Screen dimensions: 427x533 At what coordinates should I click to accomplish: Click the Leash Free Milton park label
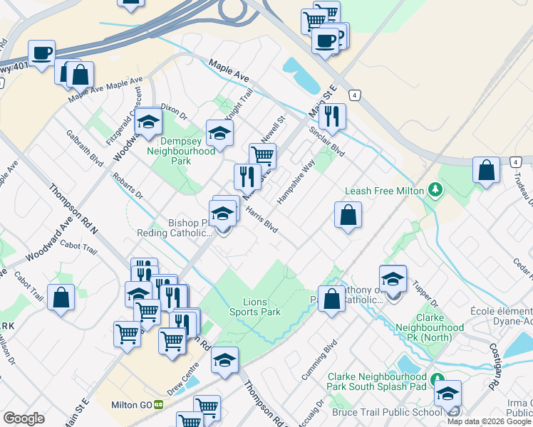point(385,191)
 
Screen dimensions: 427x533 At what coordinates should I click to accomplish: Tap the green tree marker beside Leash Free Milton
point(434,190)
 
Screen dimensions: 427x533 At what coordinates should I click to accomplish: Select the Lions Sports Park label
point(254,307)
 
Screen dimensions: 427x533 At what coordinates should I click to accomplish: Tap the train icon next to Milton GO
point(159,405)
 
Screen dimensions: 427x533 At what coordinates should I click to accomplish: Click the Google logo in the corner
point(24,418)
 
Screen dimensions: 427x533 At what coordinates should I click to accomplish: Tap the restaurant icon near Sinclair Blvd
point(332,115)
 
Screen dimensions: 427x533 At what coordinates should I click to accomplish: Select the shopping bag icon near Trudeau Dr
point(486,171)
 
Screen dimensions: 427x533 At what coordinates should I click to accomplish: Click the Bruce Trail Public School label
point(387,412)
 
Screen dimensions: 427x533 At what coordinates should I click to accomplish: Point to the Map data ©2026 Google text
point(489,421)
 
